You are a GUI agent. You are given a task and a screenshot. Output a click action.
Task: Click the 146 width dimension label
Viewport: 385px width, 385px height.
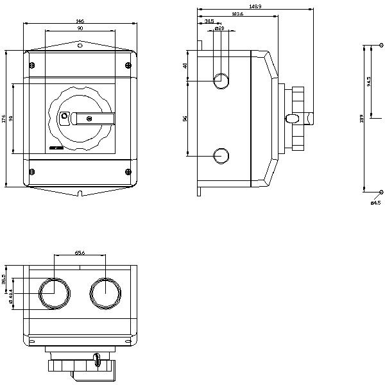[x=80, y=22]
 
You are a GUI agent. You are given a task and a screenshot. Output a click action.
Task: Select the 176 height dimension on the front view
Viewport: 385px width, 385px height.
[x=3, y=118]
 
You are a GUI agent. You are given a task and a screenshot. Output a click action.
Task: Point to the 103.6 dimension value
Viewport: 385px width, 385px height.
[x=237, y=14]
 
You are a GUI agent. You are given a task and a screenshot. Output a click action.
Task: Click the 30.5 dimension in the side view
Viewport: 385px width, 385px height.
[x=209, y=22]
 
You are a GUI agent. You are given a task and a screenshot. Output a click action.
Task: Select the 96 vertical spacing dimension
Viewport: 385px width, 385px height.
[x=185, y=119]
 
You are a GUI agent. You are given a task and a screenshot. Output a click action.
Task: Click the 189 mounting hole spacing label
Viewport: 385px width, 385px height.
[x=362, y=118]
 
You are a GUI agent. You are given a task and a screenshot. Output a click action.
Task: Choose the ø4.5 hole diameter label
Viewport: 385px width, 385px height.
[x=375, y=203]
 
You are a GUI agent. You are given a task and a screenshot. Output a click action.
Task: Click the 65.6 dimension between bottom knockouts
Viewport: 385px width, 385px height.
[x=80, y=253]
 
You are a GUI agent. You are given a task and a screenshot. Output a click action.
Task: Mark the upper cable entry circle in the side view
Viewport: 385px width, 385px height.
[x=221, y=81]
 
